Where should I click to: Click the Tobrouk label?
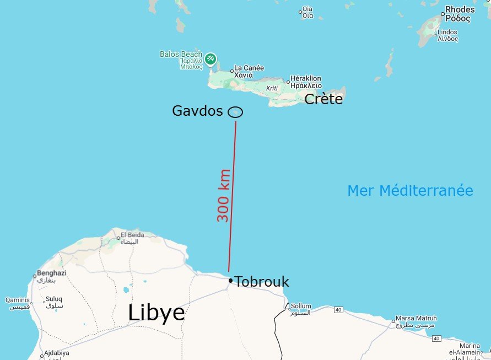pyautogui.click(x=262, y=282)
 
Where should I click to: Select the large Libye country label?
pyautogui.click(x=156, y=313)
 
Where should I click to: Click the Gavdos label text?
pyautogui.click(x=197, y=111)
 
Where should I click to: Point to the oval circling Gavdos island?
pyautogui.click(x=235, y=112)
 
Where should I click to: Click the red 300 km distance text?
pyautogui.click(x=223, y=195)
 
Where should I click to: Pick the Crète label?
pyautogui.click(x=323, y=99)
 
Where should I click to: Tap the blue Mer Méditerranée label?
pyautogui.click(x=410, y=191)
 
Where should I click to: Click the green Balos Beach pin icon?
pyautogui.click(x=210, y=58)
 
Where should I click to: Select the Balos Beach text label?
pyautogui.click(x=181, y=54)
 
